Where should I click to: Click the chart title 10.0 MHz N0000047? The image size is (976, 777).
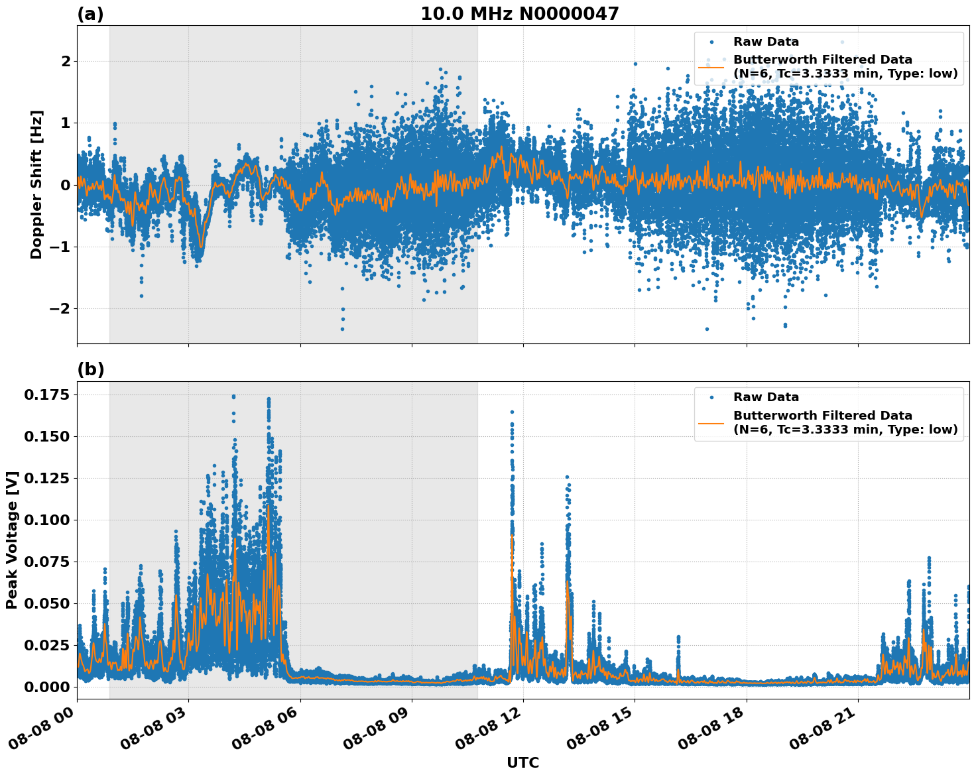click(x=519, y=14)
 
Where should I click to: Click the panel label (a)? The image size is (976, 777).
click(x=90, y=14)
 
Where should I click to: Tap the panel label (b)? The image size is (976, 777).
click(x=90, y=370)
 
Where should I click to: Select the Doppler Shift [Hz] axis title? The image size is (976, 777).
click(x=36, y=184)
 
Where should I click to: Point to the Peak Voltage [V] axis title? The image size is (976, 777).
click(x=12, y=540)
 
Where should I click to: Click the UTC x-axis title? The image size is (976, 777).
click(x=522, y=763)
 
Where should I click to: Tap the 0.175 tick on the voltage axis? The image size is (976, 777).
click(x=46, y=396)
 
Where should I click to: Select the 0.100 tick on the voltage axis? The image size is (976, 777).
click(x=46, y=520)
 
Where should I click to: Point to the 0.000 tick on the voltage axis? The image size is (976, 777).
click(x=46, y=687)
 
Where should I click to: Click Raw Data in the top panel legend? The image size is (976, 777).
click(x=766, y=42)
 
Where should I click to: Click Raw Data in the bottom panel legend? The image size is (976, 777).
click(x=766, y=398)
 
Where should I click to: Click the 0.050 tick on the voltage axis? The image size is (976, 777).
click(x=46, y=604)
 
